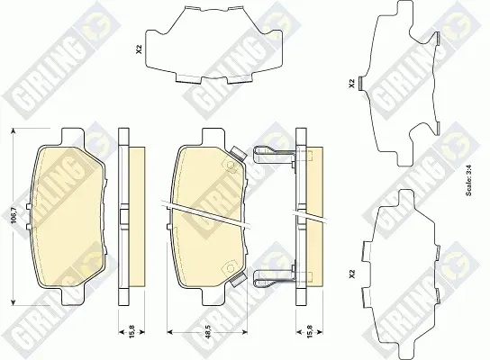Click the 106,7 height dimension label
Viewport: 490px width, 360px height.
[x=14, y=216]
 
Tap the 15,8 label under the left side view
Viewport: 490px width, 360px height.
[x=132, y=331]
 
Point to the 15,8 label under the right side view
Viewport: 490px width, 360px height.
[x=309, y=331]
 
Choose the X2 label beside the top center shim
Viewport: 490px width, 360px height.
[x=140, y=49]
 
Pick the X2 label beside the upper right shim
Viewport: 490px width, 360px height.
[x=352, y=84]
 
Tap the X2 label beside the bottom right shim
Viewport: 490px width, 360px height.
[x=352, y=274]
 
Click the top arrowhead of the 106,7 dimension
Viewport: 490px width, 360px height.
[x=14, y=130]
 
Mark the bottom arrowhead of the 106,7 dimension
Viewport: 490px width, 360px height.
[x=14, y=301]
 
